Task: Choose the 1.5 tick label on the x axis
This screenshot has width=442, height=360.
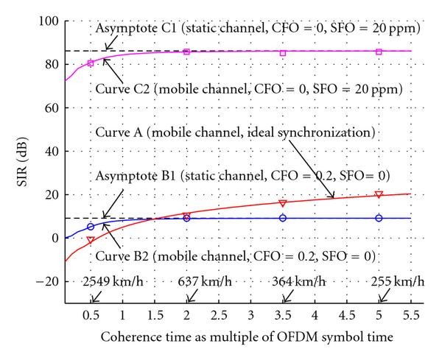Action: pos(155,315)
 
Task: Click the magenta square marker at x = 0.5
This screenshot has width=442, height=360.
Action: pos(91,63)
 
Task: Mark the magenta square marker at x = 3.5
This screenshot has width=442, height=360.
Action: pos(283,53)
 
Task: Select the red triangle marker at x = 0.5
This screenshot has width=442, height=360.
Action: pos(91,240)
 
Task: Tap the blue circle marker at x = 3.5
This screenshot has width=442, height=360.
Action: pos(283,218)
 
